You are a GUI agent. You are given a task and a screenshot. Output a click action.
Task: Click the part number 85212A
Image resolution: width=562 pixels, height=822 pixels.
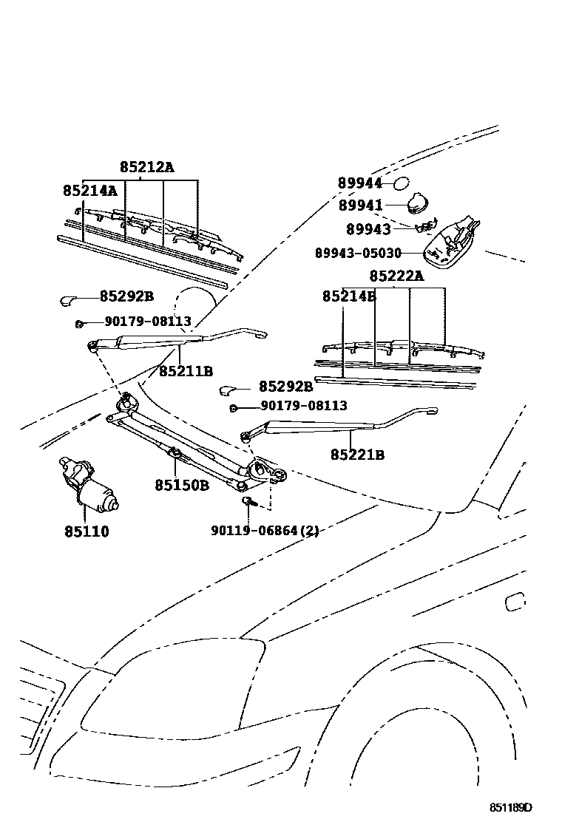click(x=147, y=168)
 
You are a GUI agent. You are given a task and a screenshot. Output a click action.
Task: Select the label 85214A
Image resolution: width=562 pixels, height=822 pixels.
click(x=89, y=191)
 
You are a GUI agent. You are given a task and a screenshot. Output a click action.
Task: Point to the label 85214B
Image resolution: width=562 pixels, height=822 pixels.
click(x=349, y=296)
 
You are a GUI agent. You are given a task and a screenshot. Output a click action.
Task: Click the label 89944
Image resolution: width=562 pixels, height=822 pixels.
click(x=360, y=183)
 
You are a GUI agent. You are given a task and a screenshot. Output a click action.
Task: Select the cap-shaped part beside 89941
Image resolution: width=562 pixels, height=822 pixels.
click(x=419, y=201)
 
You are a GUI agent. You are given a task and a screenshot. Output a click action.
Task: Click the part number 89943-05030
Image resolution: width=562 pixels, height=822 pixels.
click(x=358, y=253)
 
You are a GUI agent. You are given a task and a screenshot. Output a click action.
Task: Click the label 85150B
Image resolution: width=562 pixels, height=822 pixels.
click(x=182, y=486)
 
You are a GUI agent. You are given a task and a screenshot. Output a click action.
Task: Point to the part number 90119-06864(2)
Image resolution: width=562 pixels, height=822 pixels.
click(x=265, y=531)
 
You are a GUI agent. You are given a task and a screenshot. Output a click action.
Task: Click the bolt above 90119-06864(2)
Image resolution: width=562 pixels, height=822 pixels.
click(x=248, y=503)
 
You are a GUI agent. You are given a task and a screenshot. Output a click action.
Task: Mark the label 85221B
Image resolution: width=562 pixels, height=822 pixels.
click(x=357, y=455)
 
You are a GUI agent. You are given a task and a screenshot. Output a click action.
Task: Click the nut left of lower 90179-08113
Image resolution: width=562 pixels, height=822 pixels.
click(x=234, y=407)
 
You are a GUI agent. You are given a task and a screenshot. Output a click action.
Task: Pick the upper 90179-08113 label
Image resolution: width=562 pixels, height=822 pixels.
click(x=148, y=322)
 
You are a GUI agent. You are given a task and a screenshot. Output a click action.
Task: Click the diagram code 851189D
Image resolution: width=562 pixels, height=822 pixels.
click(x=509, y=808)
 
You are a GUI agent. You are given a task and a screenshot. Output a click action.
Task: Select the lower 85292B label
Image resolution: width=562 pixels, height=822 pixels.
click(x=285, y=387)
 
